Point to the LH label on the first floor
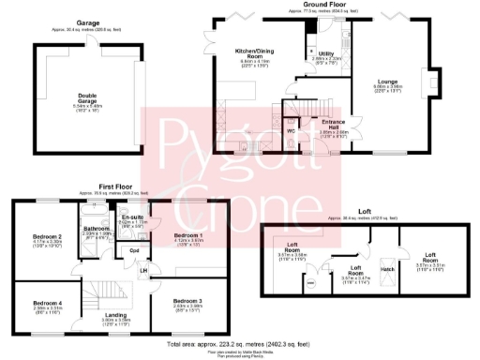point(143,272)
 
